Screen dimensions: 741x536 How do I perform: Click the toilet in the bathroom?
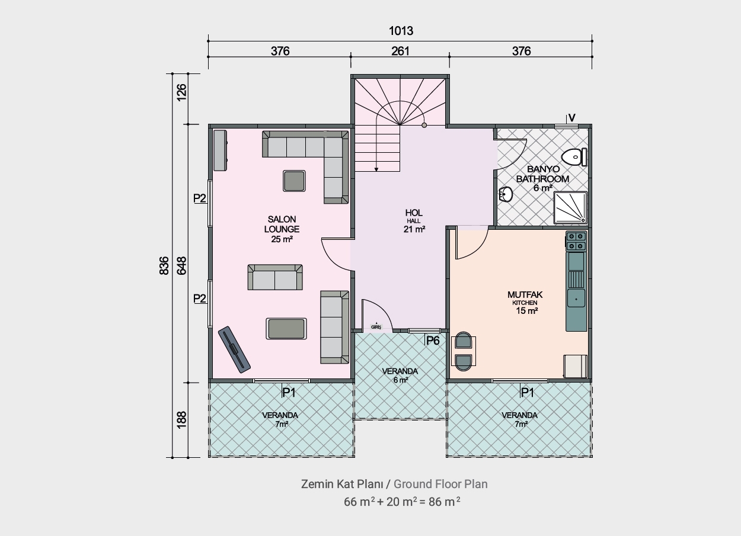[x=574, y=157]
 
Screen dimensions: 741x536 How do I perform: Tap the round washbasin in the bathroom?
[x=506, y=194]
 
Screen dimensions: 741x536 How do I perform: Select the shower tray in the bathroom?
[x=571, y=207]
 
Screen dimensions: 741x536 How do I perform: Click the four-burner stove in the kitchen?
[x=576, y=241]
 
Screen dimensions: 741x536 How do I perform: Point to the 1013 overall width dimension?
[x=401, y=31]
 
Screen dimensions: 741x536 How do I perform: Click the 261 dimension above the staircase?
[x=400, y=51]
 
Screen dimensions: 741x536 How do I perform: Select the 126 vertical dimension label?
[x=181, y=92]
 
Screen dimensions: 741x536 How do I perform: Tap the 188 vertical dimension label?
[x=181, y=420]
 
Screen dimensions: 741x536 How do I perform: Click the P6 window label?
[x=433, y=341]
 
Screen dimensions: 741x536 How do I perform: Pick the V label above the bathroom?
[x=571, y=118]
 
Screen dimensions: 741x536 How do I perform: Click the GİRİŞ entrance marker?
[x=376, y=326]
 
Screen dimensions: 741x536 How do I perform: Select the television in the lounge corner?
[x=234, y=349]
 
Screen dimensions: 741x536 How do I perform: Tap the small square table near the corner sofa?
[x=294, y=181]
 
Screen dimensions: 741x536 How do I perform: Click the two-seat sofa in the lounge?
[x=275, y=277]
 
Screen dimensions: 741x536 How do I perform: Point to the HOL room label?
[x=414, y=213]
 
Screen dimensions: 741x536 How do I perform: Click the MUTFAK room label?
[x=525, y=294]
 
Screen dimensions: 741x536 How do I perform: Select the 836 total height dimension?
[x=164, y=265]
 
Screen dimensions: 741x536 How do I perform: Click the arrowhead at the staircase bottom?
[x=376, y=169]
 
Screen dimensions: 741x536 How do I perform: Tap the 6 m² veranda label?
[x=400, y=380]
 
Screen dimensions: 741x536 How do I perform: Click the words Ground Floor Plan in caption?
[x=440, y=484]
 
